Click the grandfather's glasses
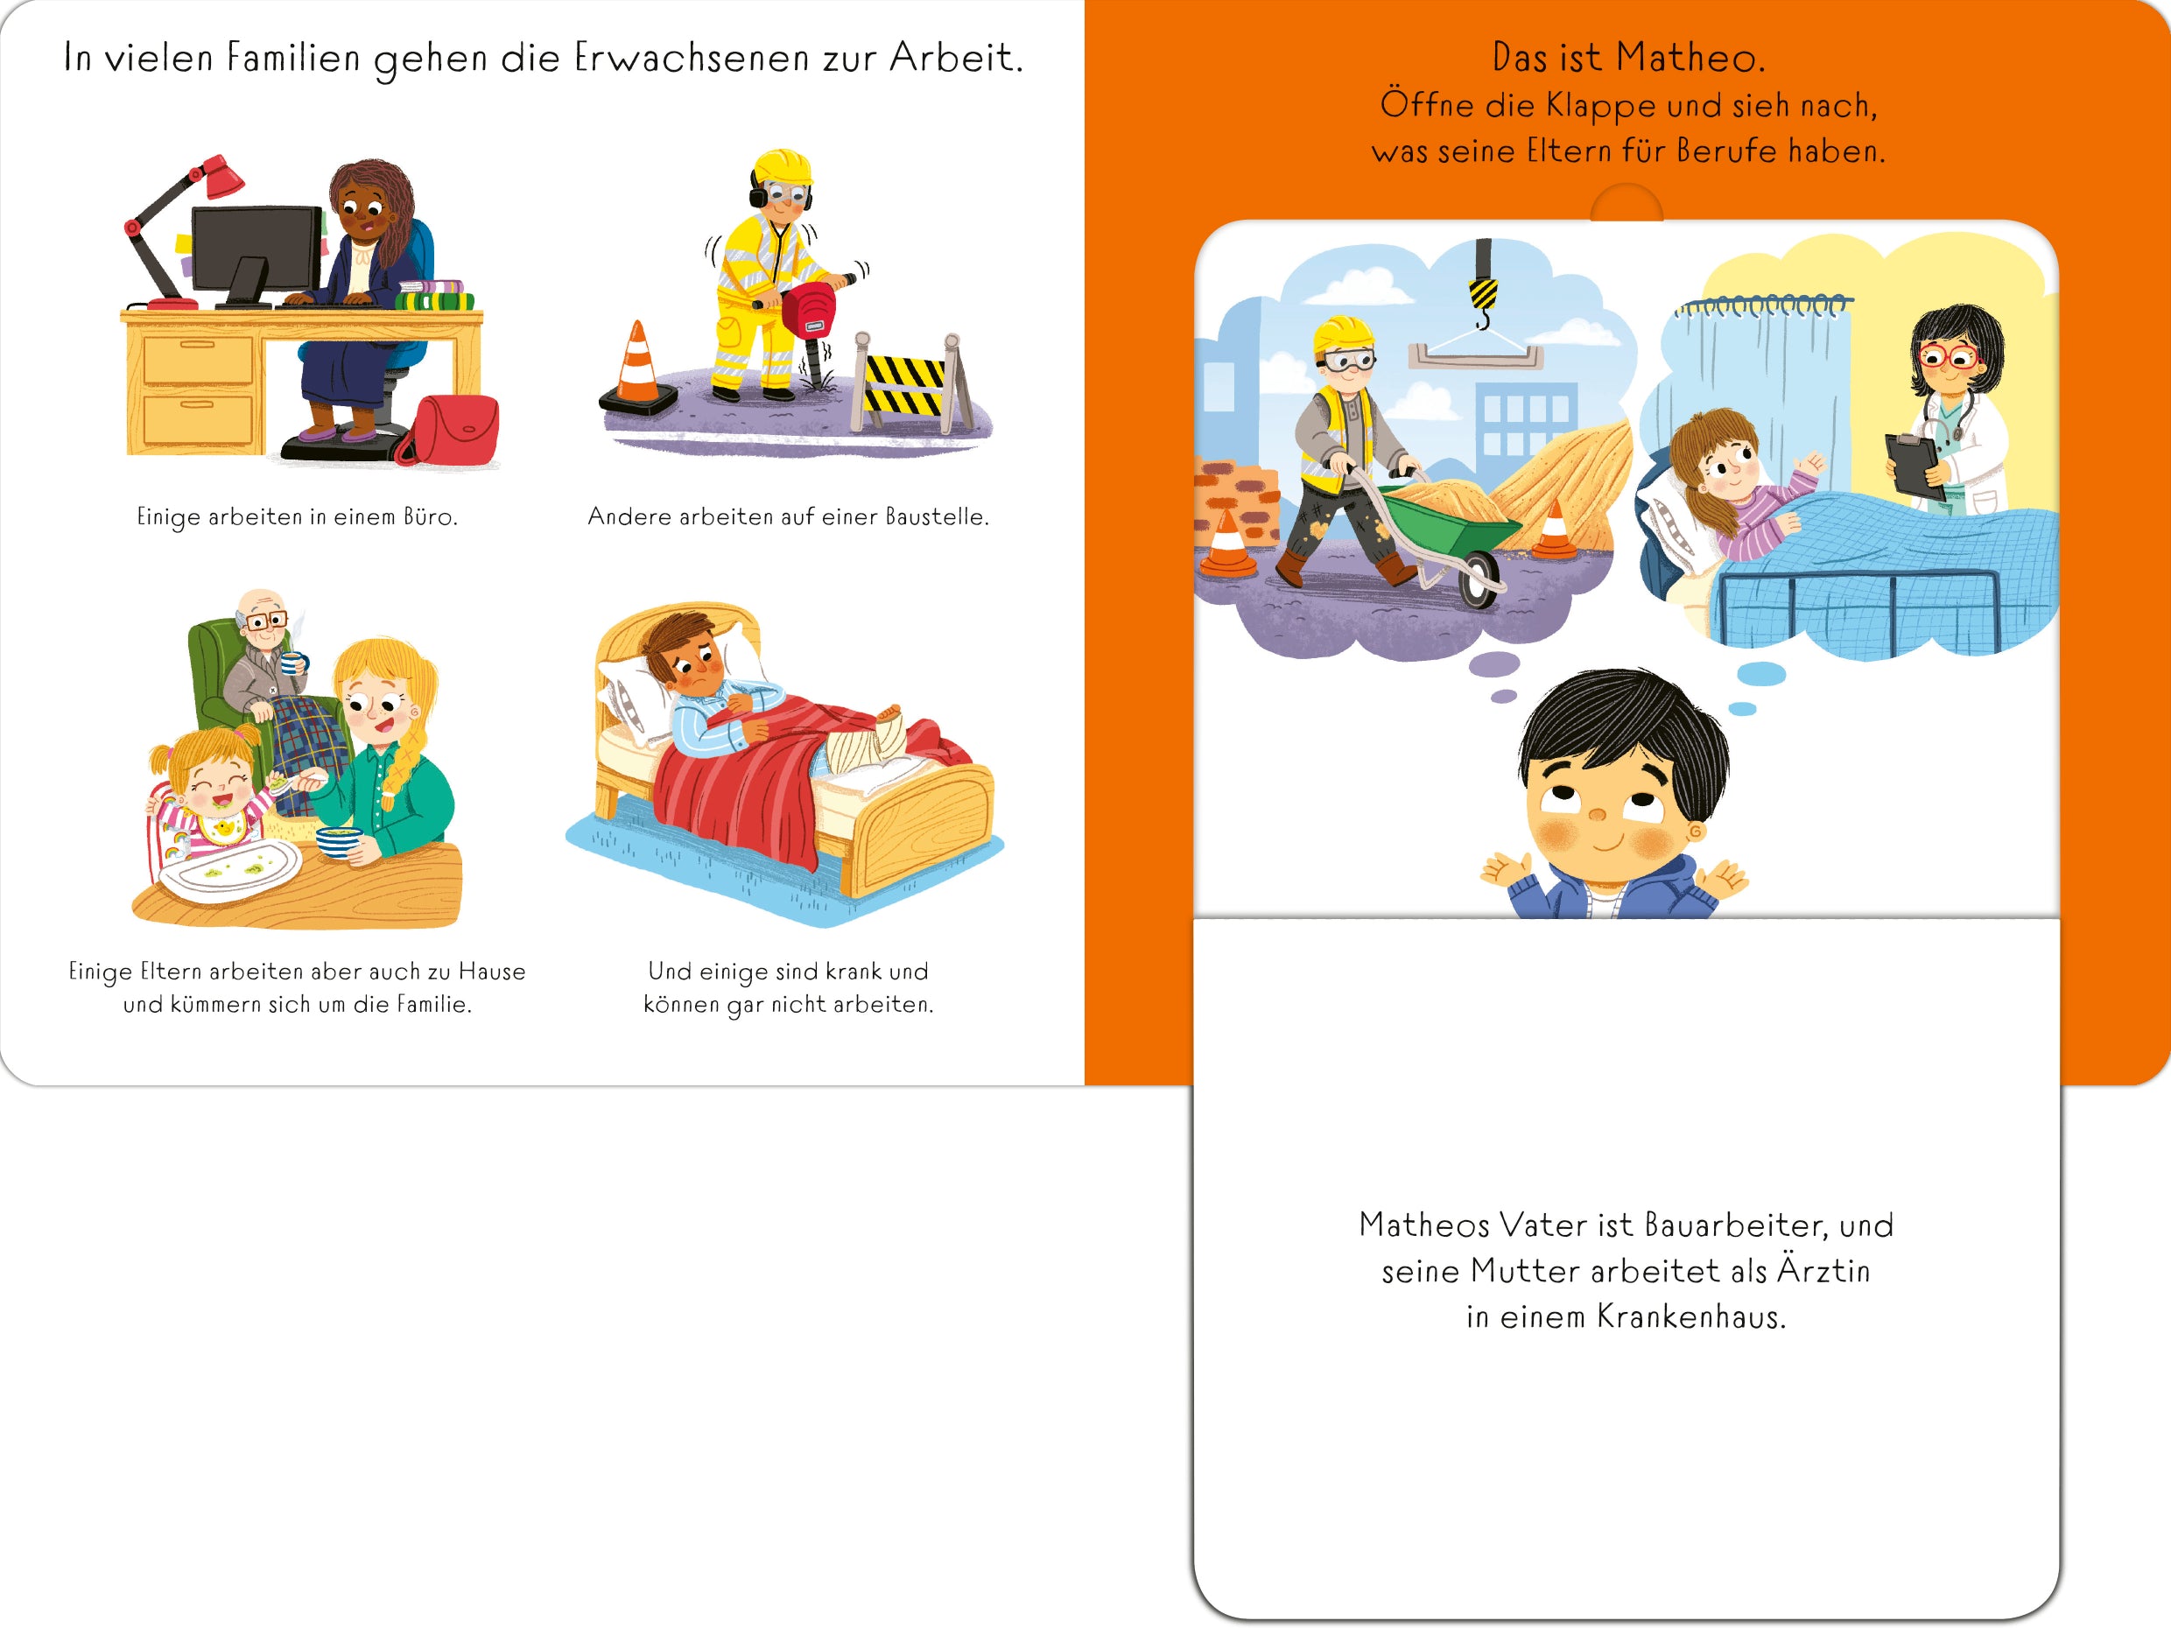click(x=264, y=621)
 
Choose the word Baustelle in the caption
click(x=938, y=516)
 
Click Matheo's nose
click(x=1597, y=815)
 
